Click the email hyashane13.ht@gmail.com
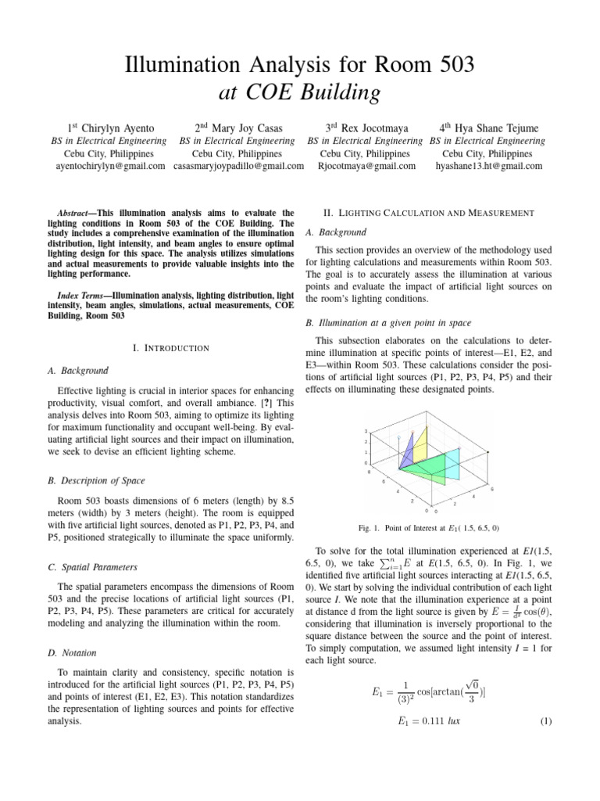[x=488, y=166]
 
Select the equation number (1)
[x=546, y=720]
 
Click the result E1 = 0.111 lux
[x=425, y=720]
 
